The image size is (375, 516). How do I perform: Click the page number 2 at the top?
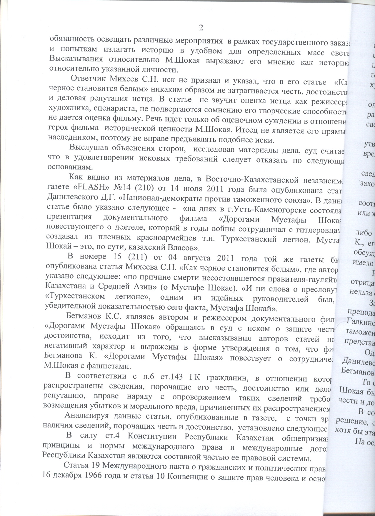pos(201,28)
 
